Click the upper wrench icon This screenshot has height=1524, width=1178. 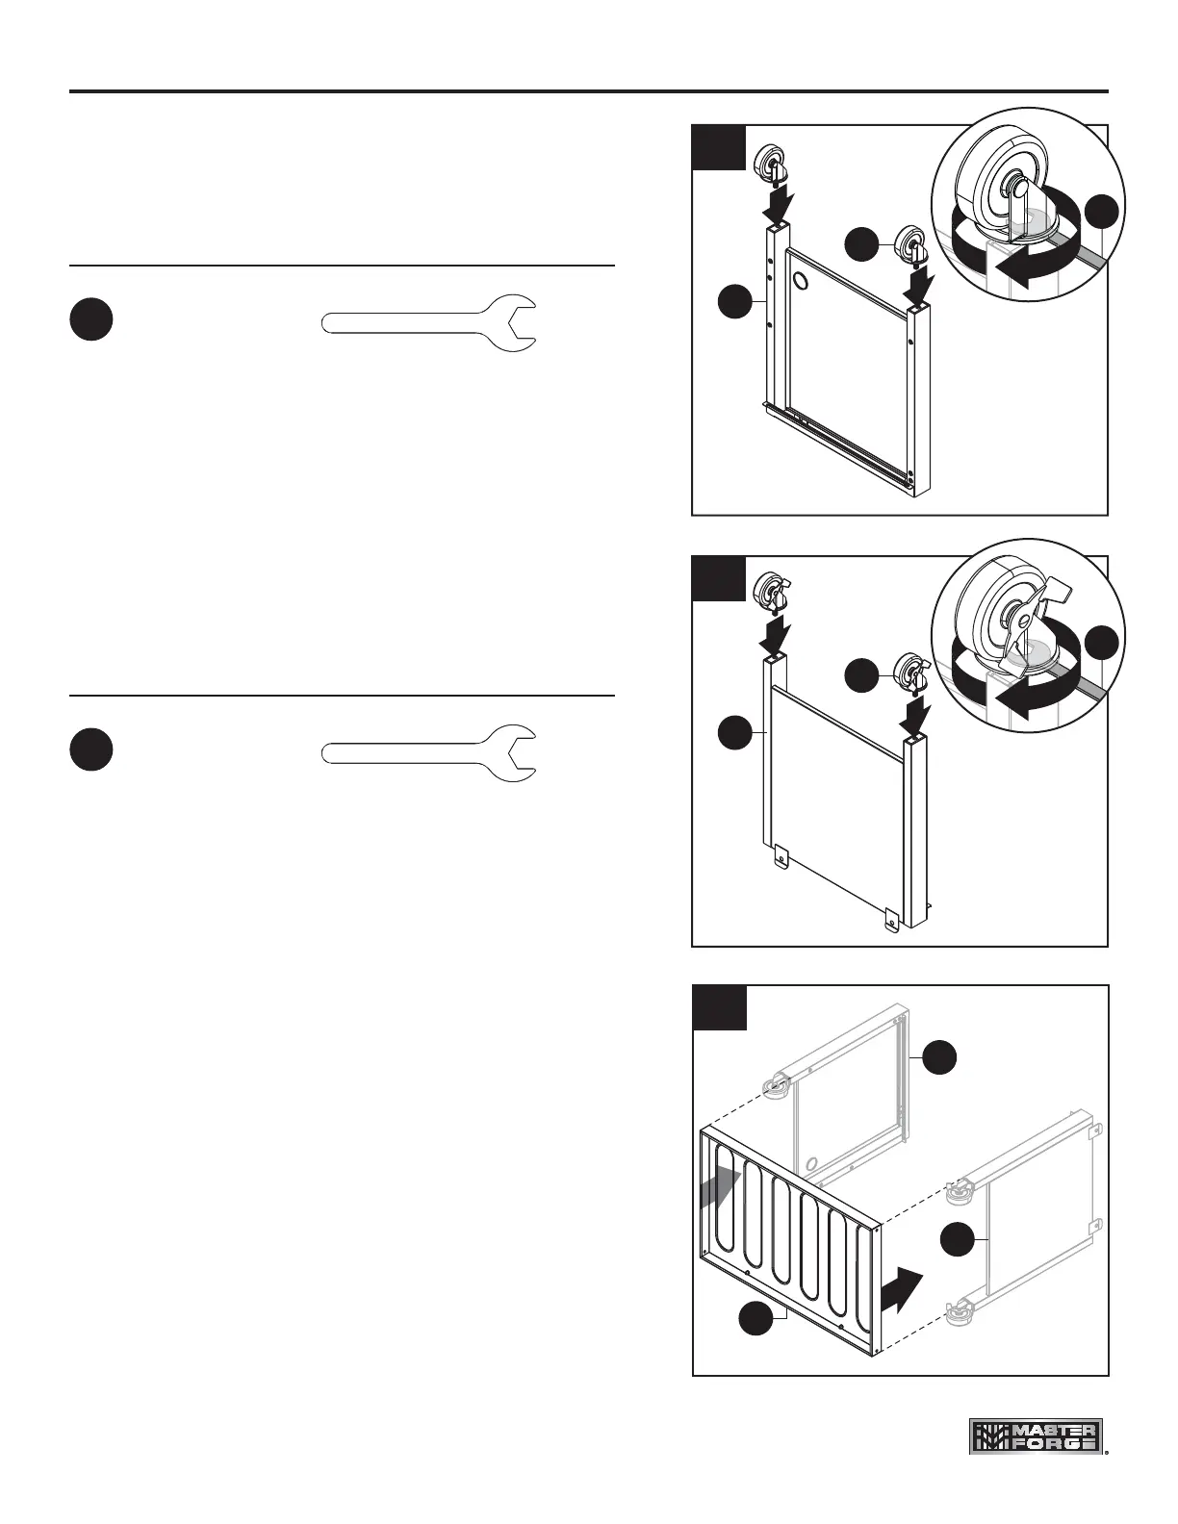pyautogui.click(x=428, y=322)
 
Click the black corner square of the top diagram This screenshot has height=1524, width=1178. pyautogui.click(x=719, y=147)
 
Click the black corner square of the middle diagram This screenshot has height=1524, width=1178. pyautogui.click(x=719, y=578)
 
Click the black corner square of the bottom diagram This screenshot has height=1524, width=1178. pyautogui.click(x=719, y=1007)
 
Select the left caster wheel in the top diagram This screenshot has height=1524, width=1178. pyautogui.click(x=771, y=163)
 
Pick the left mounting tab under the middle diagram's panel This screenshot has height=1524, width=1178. pyautogui.click(x=781, y=853)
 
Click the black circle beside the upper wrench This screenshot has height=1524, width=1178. pyautogui.click(x=91, y=320)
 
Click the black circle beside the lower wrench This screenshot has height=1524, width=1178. pyautogui.click(x=91, y=750)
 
